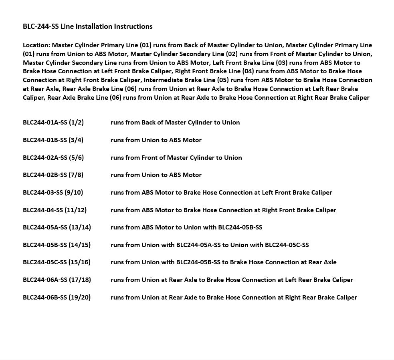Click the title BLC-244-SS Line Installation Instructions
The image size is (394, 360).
[x=87, y=26]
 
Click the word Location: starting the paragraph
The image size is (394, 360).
[x=36, y=45]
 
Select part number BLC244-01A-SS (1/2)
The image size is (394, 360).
[x=53, y=123]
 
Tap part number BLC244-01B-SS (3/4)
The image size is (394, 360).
[x=53, y=140]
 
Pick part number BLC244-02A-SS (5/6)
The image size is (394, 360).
[x=53, y=158]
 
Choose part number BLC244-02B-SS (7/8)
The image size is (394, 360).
[x=53, y=175]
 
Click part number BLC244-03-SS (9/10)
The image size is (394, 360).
[x=53, y=193]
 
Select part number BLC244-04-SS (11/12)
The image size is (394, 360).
[x=55, y=210]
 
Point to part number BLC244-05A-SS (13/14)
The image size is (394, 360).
[x=57, y=227]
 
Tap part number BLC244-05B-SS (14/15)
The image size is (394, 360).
[x=57, y=245]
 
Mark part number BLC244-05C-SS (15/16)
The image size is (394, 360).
[x=57, y=262]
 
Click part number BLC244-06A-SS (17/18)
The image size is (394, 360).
[x=57, y=280]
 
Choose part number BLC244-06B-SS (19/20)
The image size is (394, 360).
[x=57, y=298]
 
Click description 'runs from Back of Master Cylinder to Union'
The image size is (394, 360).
[x=175, y=123]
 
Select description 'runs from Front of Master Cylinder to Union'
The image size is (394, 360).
[x=176, y=158]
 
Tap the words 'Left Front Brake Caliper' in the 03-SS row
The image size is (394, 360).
[x=297, y=193]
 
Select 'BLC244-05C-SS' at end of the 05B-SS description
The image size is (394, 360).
[x=287, y=245]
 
